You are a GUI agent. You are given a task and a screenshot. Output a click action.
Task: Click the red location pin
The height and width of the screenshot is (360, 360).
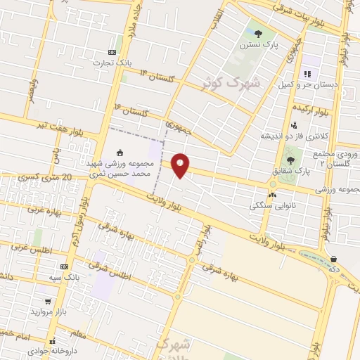click(x=181, y=165)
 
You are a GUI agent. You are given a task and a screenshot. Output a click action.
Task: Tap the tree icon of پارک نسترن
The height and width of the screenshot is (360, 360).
click(x=258, y=33)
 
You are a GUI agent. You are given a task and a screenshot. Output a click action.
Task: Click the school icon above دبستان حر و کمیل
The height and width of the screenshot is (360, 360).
click(x=307, y=74)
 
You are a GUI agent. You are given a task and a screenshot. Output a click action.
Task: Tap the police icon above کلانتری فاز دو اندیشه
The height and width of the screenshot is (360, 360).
click(x=294, y=124)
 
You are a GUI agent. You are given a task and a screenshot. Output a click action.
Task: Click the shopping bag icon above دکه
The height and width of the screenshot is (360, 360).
click(x=333, y=259)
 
